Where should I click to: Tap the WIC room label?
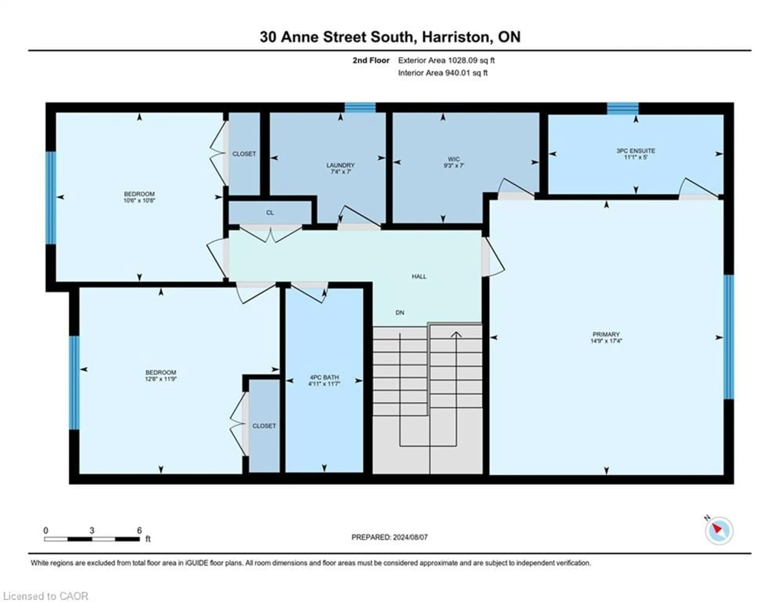pyautogui.click(x=453, y=159)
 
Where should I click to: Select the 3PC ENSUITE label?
pyautogui.click(x=636, y=151)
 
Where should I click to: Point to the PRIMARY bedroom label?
pyautogui.click(x=606, y=334)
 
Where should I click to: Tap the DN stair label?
pyautogui.click(x=400, y=312)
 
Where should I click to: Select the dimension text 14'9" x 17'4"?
pyautogui.click(x=606, y=341)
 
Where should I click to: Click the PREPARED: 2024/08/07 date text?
pyautogui.click(x=389, y=537)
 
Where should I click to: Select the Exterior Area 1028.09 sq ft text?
pyautogui.click(x=446, y=60)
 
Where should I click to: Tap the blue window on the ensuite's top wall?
pyautogui.click(x=623, y=108)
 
